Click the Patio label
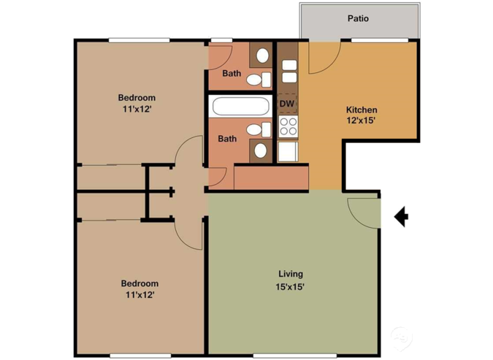357,18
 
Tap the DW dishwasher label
286,104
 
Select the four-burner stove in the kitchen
288,127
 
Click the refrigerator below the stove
288,151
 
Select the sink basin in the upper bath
261,55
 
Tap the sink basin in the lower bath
261,150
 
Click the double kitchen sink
288,69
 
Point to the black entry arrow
400,216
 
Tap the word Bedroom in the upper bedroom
137,97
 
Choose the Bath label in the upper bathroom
231,73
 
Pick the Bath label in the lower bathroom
227,139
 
